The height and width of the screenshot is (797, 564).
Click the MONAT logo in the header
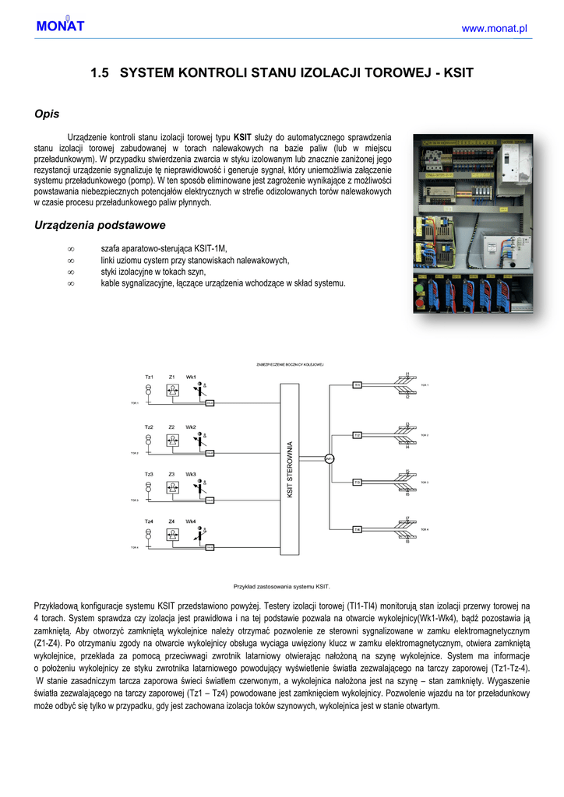[x=59, y=26]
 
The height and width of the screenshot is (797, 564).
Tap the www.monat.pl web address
[x=495, y=29]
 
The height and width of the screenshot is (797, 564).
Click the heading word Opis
[x=47, y=114]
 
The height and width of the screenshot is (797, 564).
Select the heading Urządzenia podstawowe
[x=100, y=225]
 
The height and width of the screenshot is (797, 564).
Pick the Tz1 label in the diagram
[x=149, y=377]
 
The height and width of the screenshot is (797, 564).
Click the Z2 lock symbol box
[x=171, y=440]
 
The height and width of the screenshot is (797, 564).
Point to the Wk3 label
[x=191, y=474]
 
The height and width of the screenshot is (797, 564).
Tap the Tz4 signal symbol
[x=149, y=535]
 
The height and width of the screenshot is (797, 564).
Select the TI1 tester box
[x=357, y=384]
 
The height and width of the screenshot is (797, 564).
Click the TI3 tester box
[x=357, y=483]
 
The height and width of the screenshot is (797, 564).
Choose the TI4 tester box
[x=357, y=529]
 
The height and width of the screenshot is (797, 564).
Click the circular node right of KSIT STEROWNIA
[x=330, y=458]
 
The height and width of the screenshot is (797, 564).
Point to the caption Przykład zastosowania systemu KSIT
[x=282, y=586]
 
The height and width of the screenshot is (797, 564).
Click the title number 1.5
[x=99, y=73]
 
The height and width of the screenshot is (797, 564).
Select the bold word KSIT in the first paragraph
[x=243, y=136]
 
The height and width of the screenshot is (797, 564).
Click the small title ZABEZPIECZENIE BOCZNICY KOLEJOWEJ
[x=290, y=364]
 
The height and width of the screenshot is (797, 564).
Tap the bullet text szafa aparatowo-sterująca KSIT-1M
[x=164, y=248]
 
